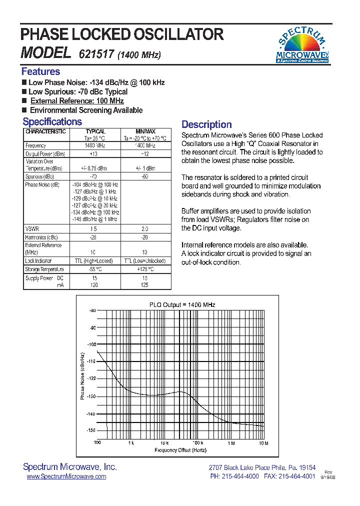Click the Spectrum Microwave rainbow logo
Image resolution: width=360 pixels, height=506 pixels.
(302, 44)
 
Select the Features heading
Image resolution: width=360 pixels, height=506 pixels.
(40, 71)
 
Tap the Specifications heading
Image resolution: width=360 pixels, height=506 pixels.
(52, 122)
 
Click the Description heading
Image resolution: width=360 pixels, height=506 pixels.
(206, 124)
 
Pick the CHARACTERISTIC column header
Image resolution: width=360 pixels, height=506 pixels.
(45, 131)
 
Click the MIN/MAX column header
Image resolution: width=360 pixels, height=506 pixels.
(146, 131)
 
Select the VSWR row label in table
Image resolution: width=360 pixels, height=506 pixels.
(32, 228)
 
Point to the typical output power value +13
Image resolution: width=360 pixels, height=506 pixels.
(93, 154)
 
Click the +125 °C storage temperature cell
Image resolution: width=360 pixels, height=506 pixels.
(145, 269)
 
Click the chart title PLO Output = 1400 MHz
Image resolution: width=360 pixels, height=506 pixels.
(182, 304)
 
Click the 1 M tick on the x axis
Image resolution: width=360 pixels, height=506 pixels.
(231, 443)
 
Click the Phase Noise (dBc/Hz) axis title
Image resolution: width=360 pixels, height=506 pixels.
(82, 375)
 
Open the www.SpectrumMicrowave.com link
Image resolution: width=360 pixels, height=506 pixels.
(66, 476)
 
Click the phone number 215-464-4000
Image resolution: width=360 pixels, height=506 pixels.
(240, 476)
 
